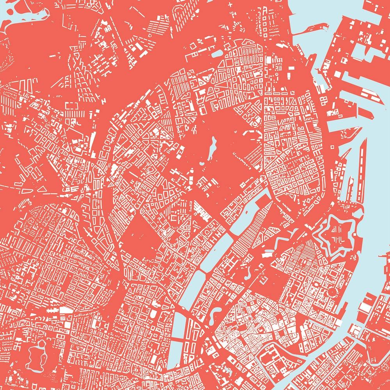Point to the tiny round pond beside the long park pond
pos(202,163)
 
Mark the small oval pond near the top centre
pos(218,52)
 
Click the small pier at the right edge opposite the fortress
pos(384,255)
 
